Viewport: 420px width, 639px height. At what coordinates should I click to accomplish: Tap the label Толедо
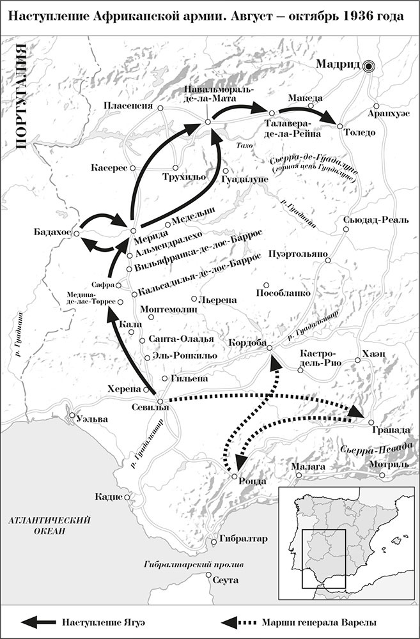point(360,133)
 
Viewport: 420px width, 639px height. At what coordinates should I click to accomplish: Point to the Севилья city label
point(151,407)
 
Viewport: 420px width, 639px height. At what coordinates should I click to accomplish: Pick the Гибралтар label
point(243,539)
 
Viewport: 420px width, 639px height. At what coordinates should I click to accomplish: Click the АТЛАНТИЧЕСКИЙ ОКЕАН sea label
point(48,525)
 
